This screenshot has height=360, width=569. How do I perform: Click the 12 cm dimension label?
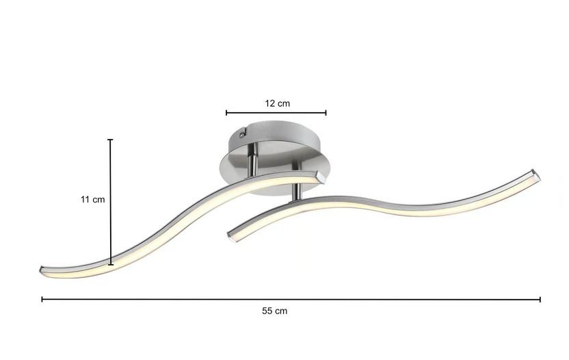(x=277, y=103)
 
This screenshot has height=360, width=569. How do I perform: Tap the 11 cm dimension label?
(x=92, y=199)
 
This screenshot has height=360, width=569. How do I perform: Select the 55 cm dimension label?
(x=274, y=311)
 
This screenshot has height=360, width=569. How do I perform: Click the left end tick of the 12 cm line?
(x=226, y=113)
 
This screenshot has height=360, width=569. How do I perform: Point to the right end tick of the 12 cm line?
(x=326, y=113)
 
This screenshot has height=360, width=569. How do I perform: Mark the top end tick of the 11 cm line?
(x=110, y=140)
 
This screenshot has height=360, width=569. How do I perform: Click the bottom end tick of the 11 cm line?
(x=111, y=264)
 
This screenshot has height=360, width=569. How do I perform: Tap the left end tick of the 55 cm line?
(x=42, y=299)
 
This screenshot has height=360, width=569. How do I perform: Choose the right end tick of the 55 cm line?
(x=540, y=299)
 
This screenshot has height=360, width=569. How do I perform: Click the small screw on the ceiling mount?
(x=241, y=136)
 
